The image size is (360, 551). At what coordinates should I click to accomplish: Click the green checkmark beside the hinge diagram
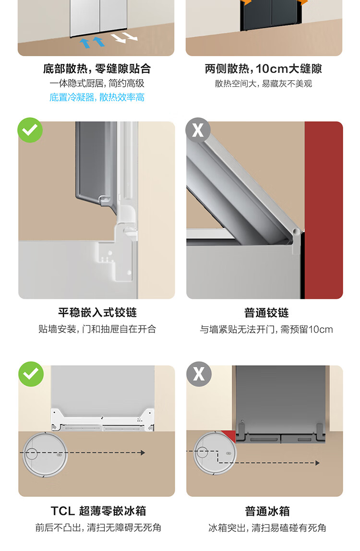pos(30,130)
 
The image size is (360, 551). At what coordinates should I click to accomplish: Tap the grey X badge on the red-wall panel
pos(198,130)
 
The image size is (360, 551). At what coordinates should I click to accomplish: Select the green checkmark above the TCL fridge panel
pos(31,374)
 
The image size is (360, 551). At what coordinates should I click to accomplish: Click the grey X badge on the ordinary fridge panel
pos(199,374)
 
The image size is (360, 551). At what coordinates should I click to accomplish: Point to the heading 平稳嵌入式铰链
pos(97,312)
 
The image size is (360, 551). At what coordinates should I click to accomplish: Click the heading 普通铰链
pos(266,312)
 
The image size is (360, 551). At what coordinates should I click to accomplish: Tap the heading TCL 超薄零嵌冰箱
pos(98,511)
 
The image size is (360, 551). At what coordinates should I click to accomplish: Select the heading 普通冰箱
pos(267,511)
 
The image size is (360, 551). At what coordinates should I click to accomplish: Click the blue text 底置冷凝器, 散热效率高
pos(96,97)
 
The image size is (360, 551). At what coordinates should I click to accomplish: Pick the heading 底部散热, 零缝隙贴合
pos(96,69)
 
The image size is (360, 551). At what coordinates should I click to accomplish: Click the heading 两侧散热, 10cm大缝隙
pos(264,69)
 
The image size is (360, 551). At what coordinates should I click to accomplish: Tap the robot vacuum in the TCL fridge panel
pos(45,455)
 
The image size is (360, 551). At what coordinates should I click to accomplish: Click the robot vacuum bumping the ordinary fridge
pos(215,453)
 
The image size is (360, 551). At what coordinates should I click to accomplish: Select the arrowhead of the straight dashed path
pos(143,453)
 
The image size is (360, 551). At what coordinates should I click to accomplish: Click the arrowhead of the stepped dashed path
pos(317,463)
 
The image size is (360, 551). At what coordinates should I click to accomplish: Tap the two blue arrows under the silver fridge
pos(92,42)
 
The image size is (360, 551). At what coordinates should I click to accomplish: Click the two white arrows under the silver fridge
pos(124,37)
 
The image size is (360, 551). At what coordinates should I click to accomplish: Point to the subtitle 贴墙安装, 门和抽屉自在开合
pos(97,329)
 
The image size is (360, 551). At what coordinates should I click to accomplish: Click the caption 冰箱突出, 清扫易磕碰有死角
pos(267,528)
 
